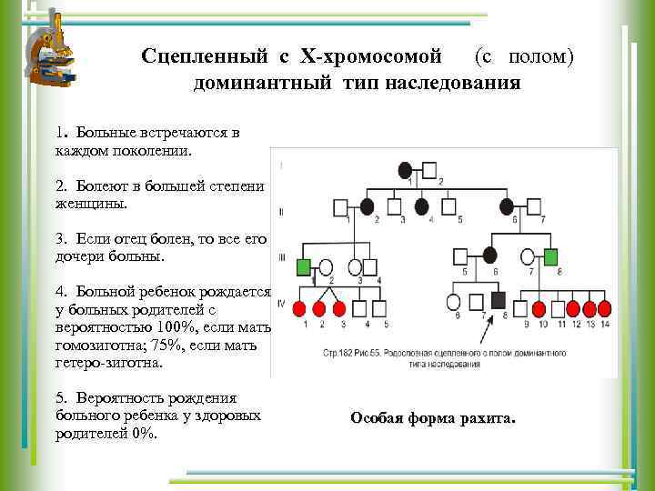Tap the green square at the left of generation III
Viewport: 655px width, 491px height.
pyautogui.click(x=303, y=267)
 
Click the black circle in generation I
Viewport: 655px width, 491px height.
pyautogui.click(x=406, y=170)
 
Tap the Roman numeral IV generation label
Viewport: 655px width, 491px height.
pyautogui.click(x=281, y=302)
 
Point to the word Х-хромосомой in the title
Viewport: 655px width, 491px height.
pyautogui.click(x=372, y=56)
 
